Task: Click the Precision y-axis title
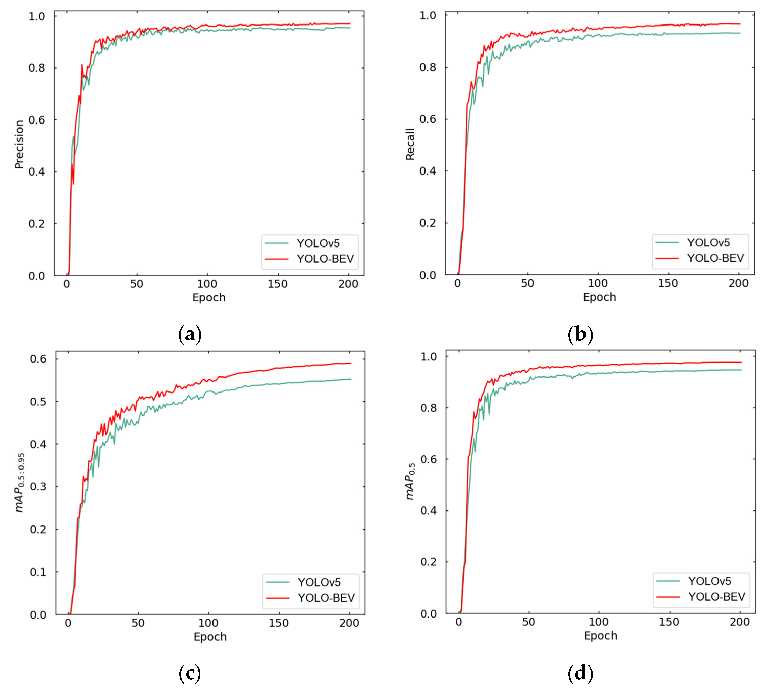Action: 19,144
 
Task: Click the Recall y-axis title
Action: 410,144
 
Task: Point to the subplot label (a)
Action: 190,334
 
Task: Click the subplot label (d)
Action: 580,673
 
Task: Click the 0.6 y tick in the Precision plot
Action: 37,120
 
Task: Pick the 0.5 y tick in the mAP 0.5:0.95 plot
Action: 38,402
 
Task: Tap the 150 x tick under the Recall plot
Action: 668,283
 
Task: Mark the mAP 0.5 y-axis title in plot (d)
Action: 410,481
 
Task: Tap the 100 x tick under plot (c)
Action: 208,623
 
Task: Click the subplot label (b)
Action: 580,334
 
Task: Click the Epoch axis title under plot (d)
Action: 600,636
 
